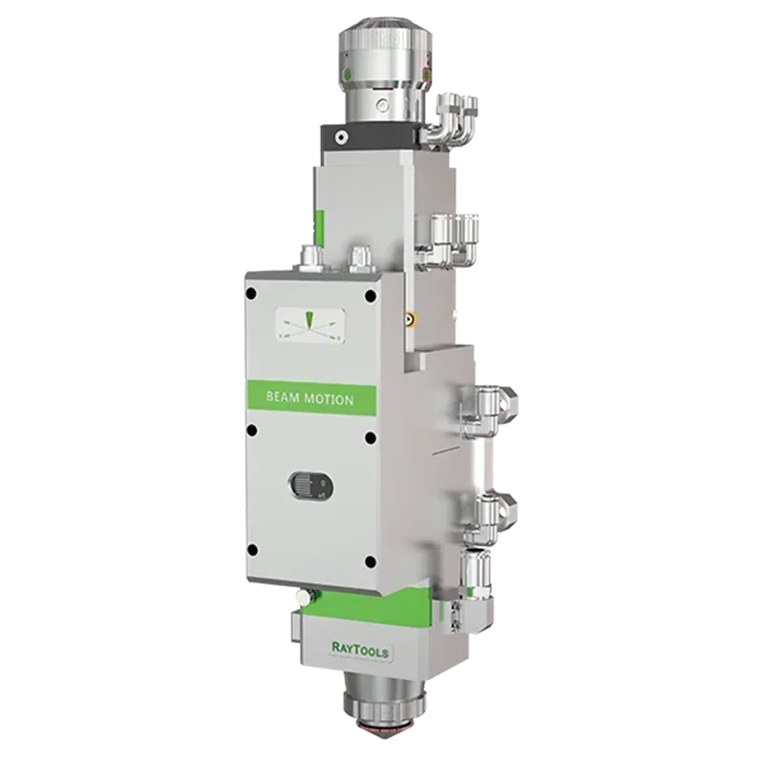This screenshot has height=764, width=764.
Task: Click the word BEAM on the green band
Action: pyautogui.click(x=283, y=397)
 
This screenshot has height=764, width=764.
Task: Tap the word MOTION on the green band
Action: pyautogui.click(x=329, y=400)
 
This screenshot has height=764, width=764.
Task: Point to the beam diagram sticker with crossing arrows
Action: pyautogui.click(x=310, y=325)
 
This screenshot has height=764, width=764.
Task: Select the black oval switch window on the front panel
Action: pyautogui.click(x=311, y=485)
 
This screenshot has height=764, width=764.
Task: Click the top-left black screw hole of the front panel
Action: pyautogui.click(x=251, y=293)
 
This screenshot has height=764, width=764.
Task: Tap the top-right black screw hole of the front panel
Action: pyautogui.click(x=371, y=295)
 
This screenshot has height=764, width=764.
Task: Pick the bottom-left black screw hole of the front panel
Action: pyautogui.click(x=252, y=550)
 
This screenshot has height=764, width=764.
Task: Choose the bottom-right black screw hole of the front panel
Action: pyautogui.click(x=371, y=562)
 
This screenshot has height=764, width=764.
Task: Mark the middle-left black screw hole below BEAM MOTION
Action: pyautogui.click(x=251, y=429)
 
